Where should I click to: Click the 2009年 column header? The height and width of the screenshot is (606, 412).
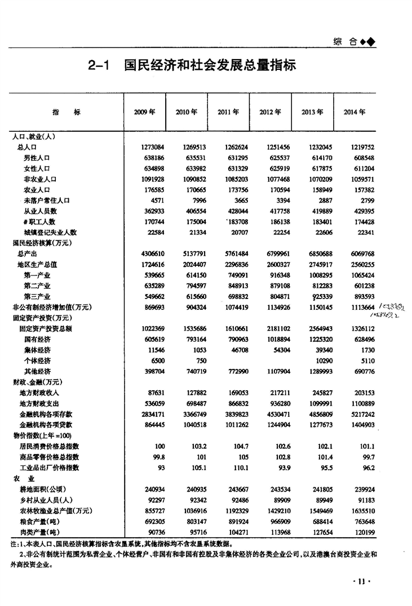[x=144, y=112]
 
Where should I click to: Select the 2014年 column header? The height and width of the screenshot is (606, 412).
[x=355, y=112]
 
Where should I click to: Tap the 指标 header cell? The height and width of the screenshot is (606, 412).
[x=66, y=112]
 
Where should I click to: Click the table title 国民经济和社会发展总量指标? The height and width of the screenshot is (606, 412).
[x=210, y=66]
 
